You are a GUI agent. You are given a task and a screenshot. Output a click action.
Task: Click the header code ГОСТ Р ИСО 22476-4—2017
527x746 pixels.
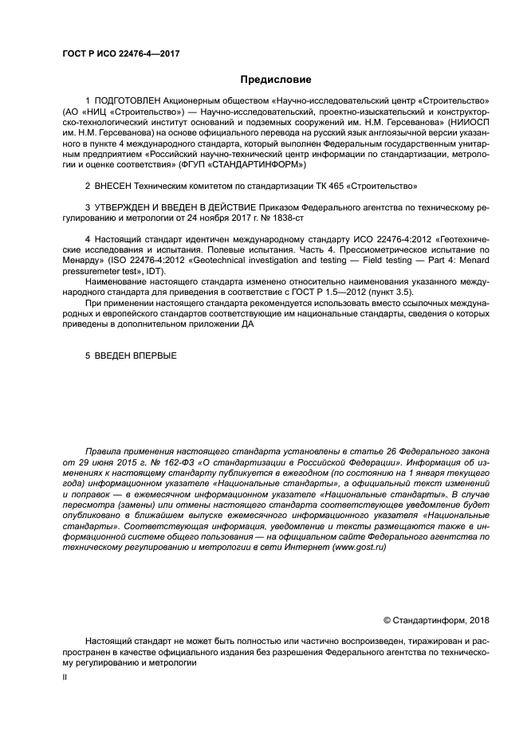120,53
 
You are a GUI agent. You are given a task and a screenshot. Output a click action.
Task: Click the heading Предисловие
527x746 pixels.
275,80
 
